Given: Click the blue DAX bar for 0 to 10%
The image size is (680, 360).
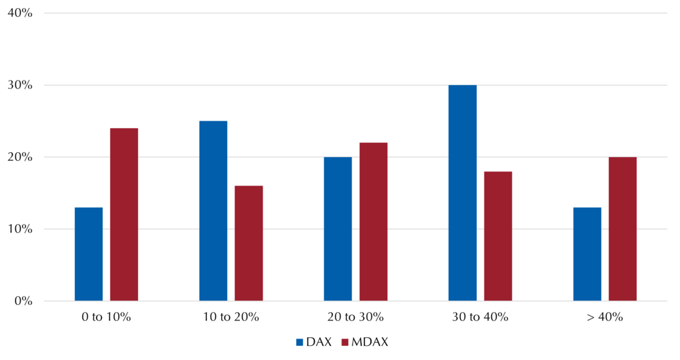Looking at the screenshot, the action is (x=88, y=254).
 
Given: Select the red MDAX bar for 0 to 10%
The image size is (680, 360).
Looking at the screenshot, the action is (x=124, y=215).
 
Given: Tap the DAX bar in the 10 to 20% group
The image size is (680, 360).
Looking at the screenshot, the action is (x=213, y=211).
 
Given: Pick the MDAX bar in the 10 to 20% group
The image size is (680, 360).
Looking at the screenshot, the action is (x=249, y=243).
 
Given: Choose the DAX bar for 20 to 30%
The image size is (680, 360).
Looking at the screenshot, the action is (x=338, y=229).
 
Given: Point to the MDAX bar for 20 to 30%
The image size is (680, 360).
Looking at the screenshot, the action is (x=373, y=222).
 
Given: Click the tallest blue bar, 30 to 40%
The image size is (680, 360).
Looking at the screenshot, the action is (x=463, y=193).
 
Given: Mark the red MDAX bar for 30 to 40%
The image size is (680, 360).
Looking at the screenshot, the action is (x=498, y=236).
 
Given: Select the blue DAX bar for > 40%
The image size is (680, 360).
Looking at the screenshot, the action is (x=587, y=254).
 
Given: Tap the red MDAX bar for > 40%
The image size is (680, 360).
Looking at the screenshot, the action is (x=623, y=229).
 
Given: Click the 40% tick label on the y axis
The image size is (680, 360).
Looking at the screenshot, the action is (x=20, y=13).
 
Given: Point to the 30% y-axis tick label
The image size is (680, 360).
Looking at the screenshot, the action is (x=20, y=85).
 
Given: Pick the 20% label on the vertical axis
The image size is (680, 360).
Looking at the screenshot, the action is (x=20, y=157).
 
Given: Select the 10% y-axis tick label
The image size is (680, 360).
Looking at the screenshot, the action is (x=20, y=229).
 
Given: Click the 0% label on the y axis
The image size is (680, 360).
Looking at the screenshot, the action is (x=23, y=301).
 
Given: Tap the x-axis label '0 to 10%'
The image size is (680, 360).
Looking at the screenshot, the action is (x=107, y=317).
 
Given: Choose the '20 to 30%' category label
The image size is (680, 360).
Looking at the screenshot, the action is (x=356, y=317).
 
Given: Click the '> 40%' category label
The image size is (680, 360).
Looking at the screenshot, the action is (x=605, y=317).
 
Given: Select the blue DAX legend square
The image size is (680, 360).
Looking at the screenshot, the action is (x=299, y=343).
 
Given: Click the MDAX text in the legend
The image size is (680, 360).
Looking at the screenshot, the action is (x=370, y=342).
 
